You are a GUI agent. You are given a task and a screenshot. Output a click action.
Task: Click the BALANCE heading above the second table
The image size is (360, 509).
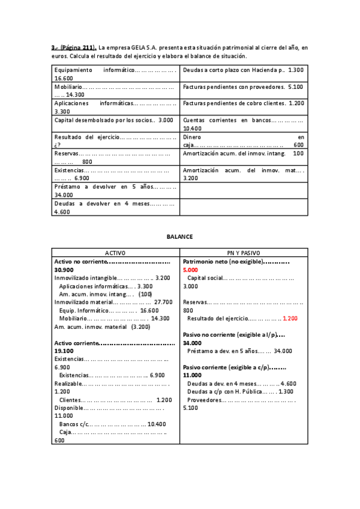179,236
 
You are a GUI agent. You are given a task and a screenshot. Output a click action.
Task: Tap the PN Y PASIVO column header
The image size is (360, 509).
243,253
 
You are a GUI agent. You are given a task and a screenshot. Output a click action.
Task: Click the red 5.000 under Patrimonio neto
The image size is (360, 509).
191,270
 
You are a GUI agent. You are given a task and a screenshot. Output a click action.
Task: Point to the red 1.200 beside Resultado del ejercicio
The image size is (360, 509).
290,318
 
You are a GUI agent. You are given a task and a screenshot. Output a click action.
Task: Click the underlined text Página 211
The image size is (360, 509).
76,47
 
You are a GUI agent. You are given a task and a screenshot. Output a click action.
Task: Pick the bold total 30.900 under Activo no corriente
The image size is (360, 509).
64,270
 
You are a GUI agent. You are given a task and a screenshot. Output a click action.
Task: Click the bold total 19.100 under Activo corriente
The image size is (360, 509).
64,351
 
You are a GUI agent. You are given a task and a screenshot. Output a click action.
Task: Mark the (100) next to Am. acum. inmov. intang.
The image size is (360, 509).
145,294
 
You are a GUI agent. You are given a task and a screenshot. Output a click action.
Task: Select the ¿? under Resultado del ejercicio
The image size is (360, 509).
57,145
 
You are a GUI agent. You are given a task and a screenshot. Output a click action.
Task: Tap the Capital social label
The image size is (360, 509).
205,279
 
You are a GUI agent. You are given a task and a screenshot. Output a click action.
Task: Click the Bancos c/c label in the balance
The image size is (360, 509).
73,424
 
